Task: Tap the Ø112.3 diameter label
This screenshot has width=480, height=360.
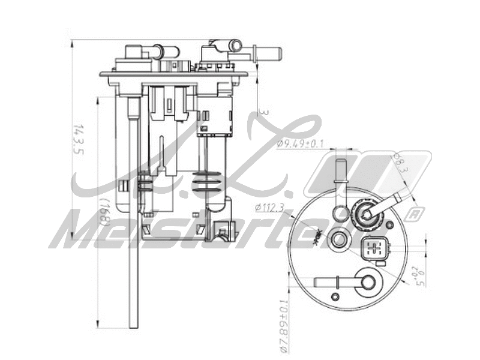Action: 269,208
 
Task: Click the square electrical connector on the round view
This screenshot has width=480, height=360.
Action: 376,248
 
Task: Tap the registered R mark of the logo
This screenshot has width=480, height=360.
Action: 413,214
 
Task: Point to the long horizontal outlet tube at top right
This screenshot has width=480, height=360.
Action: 266,53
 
